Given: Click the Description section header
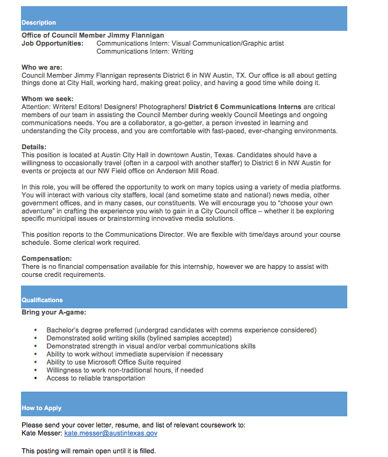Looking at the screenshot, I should coord(38,23).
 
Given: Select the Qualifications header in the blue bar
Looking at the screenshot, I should coord(42,300).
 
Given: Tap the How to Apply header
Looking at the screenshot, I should coord(41,408).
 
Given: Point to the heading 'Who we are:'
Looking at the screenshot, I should coord(42,67).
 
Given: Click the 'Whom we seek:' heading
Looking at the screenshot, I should coord(47,99).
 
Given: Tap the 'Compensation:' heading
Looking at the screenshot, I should coord(46,258).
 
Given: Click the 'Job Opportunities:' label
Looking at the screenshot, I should coord(52,44).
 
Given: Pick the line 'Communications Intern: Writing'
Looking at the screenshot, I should coord(145,52).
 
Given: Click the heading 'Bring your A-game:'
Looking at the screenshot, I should coord(54,313).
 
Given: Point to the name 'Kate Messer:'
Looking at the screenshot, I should coord(41,434).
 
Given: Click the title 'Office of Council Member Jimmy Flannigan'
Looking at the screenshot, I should coord(93,36).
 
